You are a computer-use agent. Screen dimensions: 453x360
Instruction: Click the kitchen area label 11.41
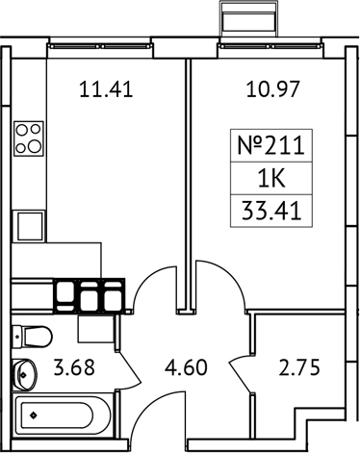(103, 92)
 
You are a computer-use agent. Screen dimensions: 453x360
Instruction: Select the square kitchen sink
(29, 227)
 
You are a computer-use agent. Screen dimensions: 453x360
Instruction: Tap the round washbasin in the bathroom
(23, 373)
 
